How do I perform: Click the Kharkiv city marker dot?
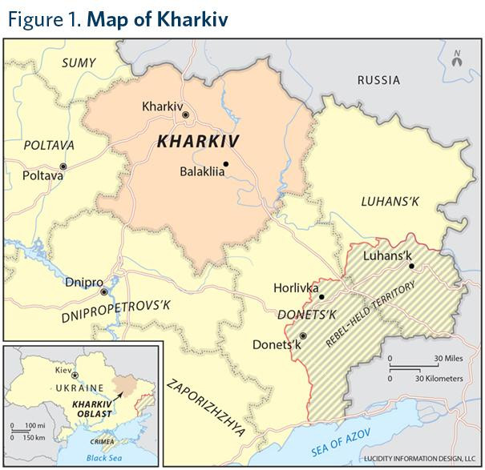(x=186, y=115)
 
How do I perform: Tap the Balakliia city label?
(x=199, y=170)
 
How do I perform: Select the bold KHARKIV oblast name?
(x=199, y=142)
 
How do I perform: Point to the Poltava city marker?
(x=63, y=167)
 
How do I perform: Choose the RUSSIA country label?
(x=378, y=79)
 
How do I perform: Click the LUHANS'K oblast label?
(x=390, y=201)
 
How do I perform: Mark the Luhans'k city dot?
(x=411, y=266)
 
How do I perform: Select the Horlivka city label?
(x=296, y=287)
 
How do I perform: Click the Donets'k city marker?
(x=303, y=335)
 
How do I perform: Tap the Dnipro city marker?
(x=103, y=291)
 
